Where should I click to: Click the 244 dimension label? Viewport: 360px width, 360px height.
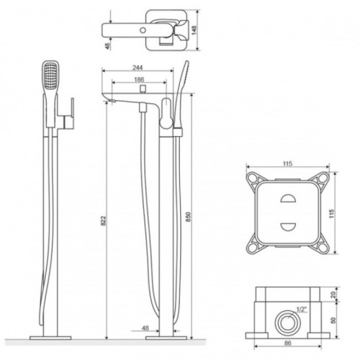coord(138,68)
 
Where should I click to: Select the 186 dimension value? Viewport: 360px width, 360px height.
coord(139,79)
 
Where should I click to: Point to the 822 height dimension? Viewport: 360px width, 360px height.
coord(103,220)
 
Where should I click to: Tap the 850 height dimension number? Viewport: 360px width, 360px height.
coord(188,217)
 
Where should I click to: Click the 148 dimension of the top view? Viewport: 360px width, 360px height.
coord(194,30)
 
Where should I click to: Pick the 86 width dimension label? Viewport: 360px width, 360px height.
coord(287,343)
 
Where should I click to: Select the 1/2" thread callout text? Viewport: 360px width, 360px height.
coord(302,310)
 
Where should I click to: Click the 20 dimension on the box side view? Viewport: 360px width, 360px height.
coord(333,294)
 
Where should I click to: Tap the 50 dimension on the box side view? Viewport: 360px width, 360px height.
coord(333,320)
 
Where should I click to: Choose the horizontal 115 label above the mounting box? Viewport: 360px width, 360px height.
coord(287,163)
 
